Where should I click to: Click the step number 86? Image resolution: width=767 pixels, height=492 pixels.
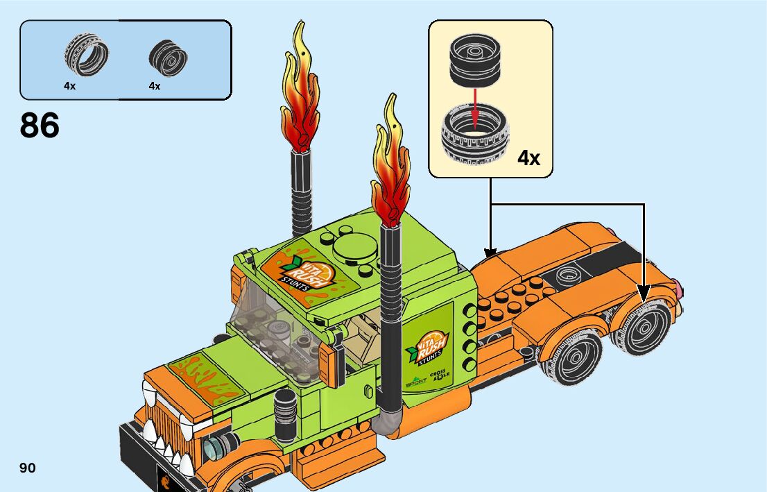[40, 126]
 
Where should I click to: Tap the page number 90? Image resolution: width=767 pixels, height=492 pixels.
[28, 468]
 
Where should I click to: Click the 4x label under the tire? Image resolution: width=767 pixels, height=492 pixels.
[69, 86]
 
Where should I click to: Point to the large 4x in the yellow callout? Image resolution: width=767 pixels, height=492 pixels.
[528, 158]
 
